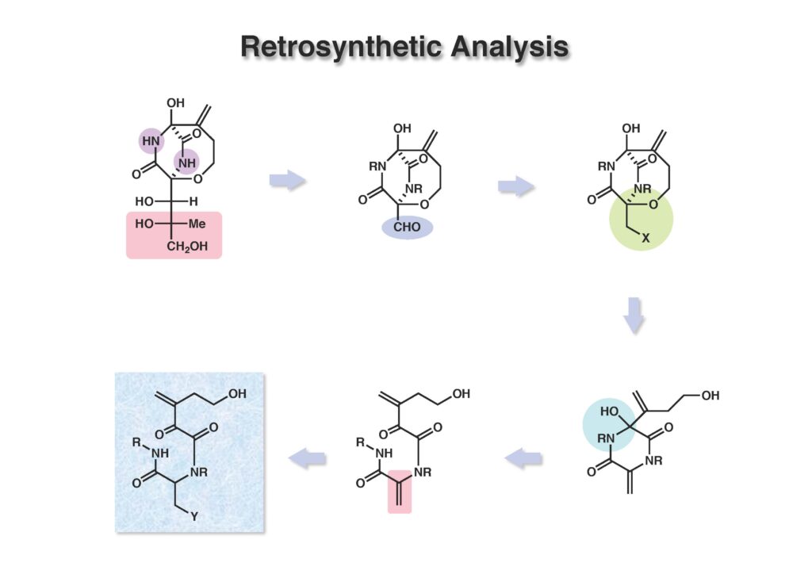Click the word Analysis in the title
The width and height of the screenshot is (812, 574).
[510, 47]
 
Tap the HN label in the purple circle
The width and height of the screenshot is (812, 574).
[151, 141]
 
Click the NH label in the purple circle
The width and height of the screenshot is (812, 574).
[186, 163]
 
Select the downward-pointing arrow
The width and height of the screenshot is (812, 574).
[634, 314]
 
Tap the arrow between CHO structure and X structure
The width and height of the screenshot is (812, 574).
[516, 187]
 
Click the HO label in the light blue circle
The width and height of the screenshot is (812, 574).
[608, 411]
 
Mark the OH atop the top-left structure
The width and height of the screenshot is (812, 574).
[175, 103]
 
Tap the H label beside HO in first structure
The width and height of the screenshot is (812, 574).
[193, 201]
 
